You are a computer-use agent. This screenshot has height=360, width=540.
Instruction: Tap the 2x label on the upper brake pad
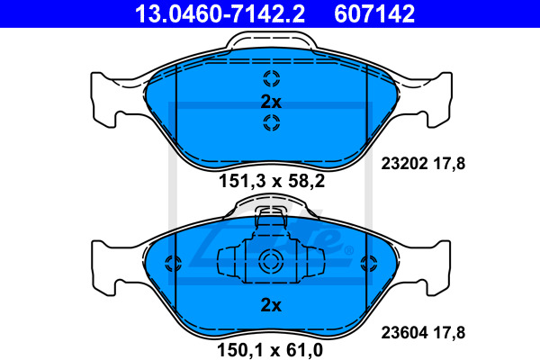coord(271,102)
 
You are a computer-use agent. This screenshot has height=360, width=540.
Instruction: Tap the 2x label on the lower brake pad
coord(271,305)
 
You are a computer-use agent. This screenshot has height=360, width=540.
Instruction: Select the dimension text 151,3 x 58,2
coord(271,181)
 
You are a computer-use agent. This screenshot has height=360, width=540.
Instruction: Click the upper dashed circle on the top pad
coord(271,78)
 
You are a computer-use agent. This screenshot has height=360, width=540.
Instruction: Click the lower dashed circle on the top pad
coord(271,124)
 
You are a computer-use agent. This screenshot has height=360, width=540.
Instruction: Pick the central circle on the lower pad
coord(271,263)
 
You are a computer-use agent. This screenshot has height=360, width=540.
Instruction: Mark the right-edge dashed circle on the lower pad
coord(365,264)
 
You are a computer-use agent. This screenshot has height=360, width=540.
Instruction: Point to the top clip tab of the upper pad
coord(271,40)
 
